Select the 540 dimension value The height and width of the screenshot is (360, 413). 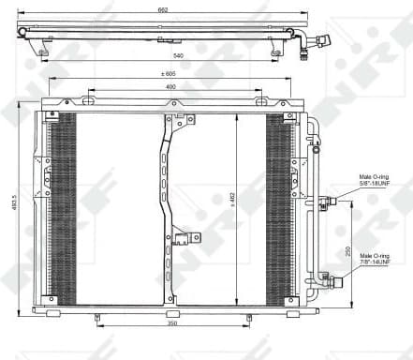coord(164,56)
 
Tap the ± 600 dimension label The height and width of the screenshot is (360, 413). coord(170,75)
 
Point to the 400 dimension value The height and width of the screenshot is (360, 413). coord(170,87)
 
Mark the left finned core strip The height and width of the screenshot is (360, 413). coord(63,206)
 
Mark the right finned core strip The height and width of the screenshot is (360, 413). coord(279,206)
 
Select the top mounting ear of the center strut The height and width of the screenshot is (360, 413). coord(180,119)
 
